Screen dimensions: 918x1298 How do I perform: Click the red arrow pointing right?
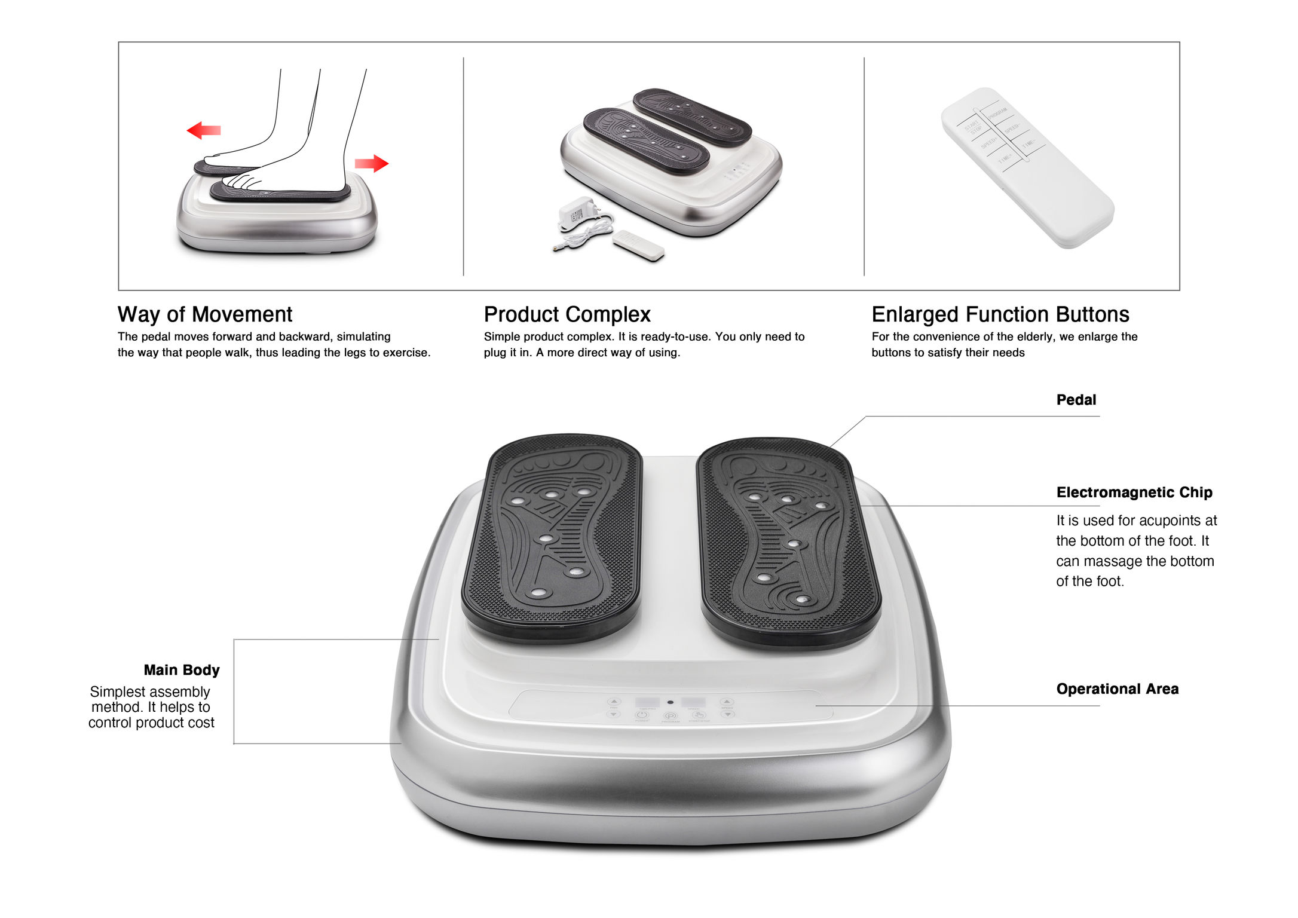(372, 163)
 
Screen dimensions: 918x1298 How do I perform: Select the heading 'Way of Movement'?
(204, 314)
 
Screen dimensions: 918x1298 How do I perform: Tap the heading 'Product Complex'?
(567, 314)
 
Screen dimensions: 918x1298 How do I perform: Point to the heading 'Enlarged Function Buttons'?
(1000, 314)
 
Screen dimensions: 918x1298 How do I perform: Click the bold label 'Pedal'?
(1076, 400)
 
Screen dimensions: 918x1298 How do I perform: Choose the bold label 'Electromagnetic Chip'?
(1134, 492)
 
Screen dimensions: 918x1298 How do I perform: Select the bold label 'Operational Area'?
(1117, 689)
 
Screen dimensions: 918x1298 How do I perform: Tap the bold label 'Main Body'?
(182, 670)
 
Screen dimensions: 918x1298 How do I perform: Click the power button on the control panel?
(641, 715)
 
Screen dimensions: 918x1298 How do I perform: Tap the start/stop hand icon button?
(699, 715)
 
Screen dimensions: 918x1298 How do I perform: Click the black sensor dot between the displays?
(671, 702)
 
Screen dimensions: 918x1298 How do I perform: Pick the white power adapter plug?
(575, 212)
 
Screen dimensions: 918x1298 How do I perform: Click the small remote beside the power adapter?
(638, 245)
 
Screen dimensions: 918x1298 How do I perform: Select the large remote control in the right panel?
(1027, 167)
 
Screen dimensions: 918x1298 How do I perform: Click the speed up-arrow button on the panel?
(727, 702)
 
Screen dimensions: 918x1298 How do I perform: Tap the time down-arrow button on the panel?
(614, 714)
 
